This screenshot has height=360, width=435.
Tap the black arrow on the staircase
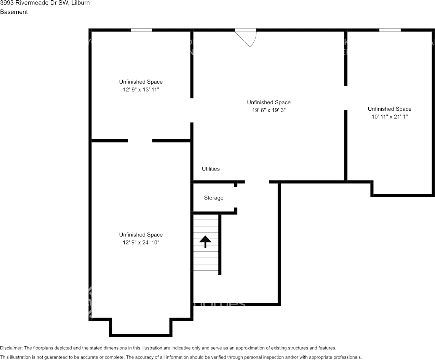[x=205, y=241]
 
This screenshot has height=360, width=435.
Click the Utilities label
[x=211, y=169]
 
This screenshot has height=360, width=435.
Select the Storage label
[x=213, y=198]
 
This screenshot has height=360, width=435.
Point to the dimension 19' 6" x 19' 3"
[x=269, y=110]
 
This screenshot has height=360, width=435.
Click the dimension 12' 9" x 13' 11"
[x=141, y=89]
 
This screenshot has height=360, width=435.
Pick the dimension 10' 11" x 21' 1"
[x=389, y=117]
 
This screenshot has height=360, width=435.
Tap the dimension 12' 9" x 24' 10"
[x=141, y=242]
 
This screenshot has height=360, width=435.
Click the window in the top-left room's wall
[x=141, y=30]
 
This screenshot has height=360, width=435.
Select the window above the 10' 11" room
[x=390, y=30]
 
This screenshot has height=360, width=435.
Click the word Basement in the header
[x=14, y=12]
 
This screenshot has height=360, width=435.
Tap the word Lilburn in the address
[x=81, y=3]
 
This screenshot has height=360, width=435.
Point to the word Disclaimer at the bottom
[x=11, y=348]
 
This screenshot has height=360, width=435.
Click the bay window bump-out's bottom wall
[x=141, y=335]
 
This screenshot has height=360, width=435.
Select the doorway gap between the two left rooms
[x=140, y=141]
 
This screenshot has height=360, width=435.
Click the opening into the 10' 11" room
[x=345, y=98]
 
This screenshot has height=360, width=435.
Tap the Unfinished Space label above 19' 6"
[x=269, y=102]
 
